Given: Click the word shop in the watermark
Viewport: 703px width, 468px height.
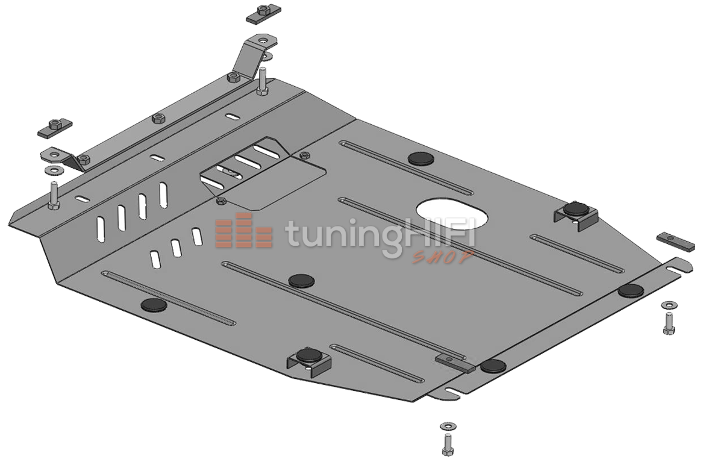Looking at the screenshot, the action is click(x=443, y=257).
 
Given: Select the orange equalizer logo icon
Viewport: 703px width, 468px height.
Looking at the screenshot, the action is click(x=243, y=230).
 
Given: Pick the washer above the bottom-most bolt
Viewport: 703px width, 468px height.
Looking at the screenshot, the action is click(x=448, y=425).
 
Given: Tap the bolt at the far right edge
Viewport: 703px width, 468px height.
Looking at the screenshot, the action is click(x=669, y=323).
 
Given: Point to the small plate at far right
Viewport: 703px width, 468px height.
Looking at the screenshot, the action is click(x=676, y=242).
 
